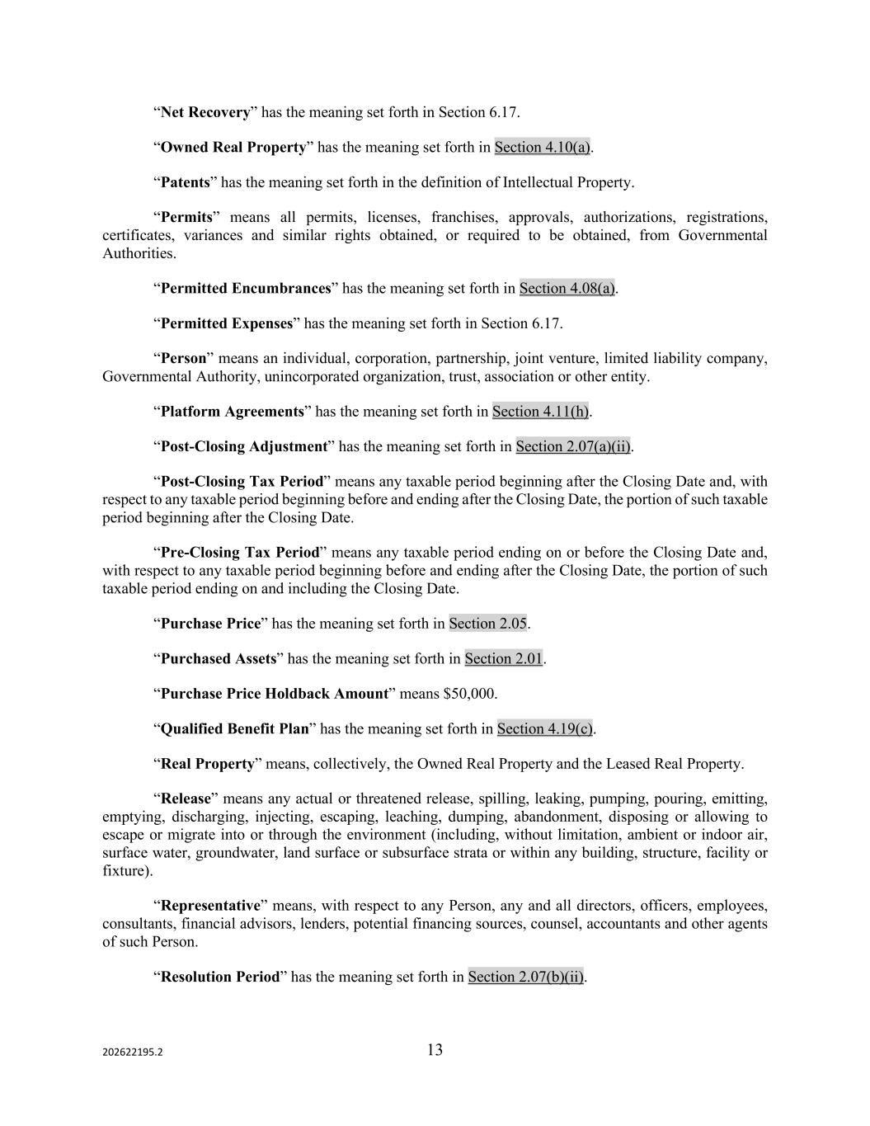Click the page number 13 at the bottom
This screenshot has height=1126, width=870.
[x=435, y=1050]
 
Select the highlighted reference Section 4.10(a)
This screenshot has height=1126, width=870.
[x=542, y=148]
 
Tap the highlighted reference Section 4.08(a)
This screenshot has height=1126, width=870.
[x=567, y=289]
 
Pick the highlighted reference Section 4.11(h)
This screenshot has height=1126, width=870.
[x=540, y=412]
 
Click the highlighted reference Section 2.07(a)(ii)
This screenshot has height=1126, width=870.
[x=573, y=446]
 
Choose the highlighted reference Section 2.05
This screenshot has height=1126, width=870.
[x=487, y=624]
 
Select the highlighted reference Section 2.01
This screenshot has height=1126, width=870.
[x=503, y=658]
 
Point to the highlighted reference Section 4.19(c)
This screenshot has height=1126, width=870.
[x=544, y=728]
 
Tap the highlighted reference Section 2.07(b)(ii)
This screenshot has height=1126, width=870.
[x=525, y=977]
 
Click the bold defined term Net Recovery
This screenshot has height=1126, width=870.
[x=205, y=112]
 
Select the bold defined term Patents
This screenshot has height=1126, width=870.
[x=185, y=182]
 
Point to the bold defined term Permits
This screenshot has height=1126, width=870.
[x=186, y=218]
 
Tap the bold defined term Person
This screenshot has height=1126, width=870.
[x=183, y=359]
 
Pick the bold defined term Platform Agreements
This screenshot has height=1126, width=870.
[x=232, y=412]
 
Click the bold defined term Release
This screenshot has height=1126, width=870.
[x=186, y=799]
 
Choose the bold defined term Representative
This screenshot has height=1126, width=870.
[x=210, y=906]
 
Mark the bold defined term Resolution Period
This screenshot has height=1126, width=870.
[x=220, y=977]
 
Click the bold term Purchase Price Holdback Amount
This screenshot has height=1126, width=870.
[x=274, y=694]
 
